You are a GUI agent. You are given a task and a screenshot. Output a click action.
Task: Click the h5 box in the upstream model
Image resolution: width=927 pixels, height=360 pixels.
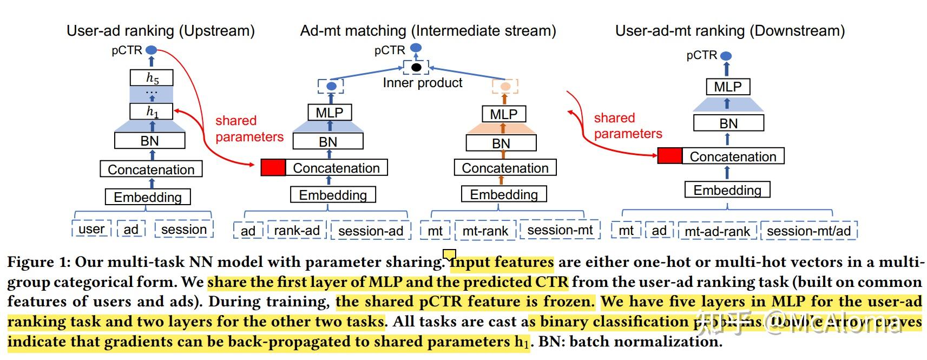152,78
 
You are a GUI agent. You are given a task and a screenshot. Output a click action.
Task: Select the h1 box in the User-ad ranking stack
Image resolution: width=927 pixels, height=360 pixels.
152,112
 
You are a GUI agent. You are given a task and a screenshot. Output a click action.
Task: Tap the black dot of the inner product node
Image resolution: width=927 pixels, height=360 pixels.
416,68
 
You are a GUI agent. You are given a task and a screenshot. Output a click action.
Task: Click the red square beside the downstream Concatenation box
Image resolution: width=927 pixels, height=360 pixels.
669,156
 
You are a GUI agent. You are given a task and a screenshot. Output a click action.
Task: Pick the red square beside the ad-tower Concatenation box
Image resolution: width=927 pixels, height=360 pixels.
273,167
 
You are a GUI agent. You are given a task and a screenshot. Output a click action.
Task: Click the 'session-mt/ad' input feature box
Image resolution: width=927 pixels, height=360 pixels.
808,231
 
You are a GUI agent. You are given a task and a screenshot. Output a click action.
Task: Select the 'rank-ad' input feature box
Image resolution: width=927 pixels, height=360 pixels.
297,231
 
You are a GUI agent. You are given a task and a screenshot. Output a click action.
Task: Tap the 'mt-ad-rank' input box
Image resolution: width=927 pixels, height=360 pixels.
717,231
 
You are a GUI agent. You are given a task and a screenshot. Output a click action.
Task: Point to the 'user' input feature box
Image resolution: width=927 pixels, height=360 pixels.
91,229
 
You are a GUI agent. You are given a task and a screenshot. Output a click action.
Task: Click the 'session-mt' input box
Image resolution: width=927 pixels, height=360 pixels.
560,230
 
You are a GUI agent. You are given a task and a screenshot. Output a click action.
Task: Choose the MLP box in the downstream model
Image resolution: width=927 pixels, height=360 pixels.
727,87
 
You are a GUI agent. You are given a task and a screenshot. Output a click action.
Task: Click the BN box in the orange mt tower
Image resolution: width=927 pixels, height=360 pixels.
501,143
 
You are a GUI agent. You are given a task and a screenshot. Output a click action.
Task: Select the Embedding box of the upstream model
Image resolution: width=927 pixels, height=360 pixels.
147,197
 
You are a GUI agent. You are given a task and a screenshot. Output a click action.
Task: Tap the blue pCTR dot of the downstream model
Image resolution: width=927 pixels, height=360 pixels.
726,56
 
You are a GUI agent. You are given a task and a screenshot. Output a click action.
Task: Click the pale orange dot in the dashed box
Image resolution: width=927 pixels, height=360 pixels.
505,86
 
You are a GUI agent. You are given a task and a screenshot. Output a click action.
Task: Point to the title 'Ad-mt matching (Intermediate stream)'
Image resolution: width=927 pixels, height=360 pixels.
428,31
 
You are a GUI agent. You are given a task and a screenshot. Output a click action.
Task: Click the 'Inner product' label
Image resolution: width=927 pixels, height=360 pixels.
422,83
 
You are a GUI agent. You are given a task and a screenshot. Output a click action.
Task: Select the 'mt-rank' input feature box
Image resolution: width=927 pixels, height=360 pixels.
485,231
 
